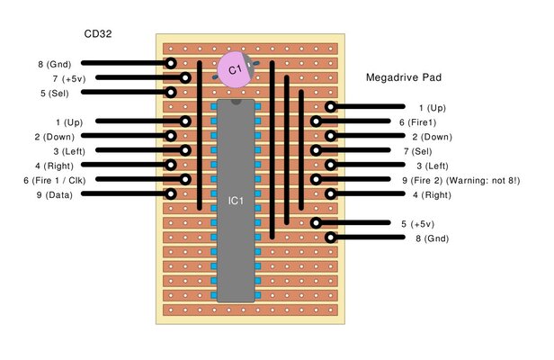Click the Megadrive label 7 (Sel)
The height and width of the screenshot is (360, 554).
(x=419, y=150)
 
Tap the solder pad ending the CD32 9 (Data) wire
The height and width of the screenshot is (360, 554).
(x=171, y=193)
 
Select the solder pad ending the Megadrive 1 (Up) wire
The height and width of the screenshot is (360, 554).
(x=331, y=107)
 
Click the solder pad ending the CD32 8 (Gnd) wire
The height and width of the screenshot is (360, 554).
(x=171, y=64)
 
